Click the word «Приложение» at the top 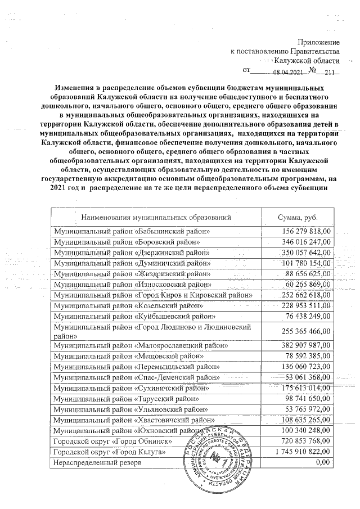click(x=319, y=42)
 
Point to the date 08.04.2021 click(x=288, y=72)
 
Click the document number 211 click(x=329, y=72)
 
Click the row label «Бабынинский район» click(x=132, y=231)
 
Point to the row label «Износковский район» click(x=132, y=284)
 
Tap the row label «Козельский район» click(x=127, y=305)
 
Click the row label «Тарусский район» click(x=127, y=398)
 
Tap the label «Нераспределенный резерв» click(x=96, y=462)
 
